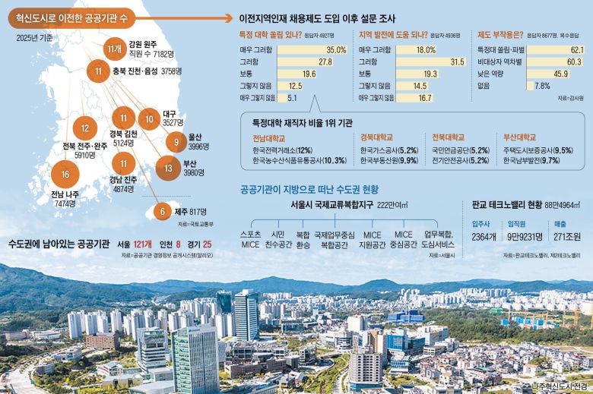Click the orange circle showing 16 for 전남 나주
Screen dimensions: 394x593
point(65,175)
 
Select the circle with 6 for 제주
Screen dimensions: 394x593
point(160,211)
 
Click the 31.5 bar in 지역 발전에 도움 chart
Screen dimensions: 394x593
point(457,61)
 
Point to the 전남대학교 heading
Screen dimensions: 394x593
point(269,138)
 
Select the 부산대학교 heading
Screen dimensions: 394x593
point(519,138)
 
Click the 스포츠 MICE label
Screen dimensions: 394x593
point(250,240)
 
